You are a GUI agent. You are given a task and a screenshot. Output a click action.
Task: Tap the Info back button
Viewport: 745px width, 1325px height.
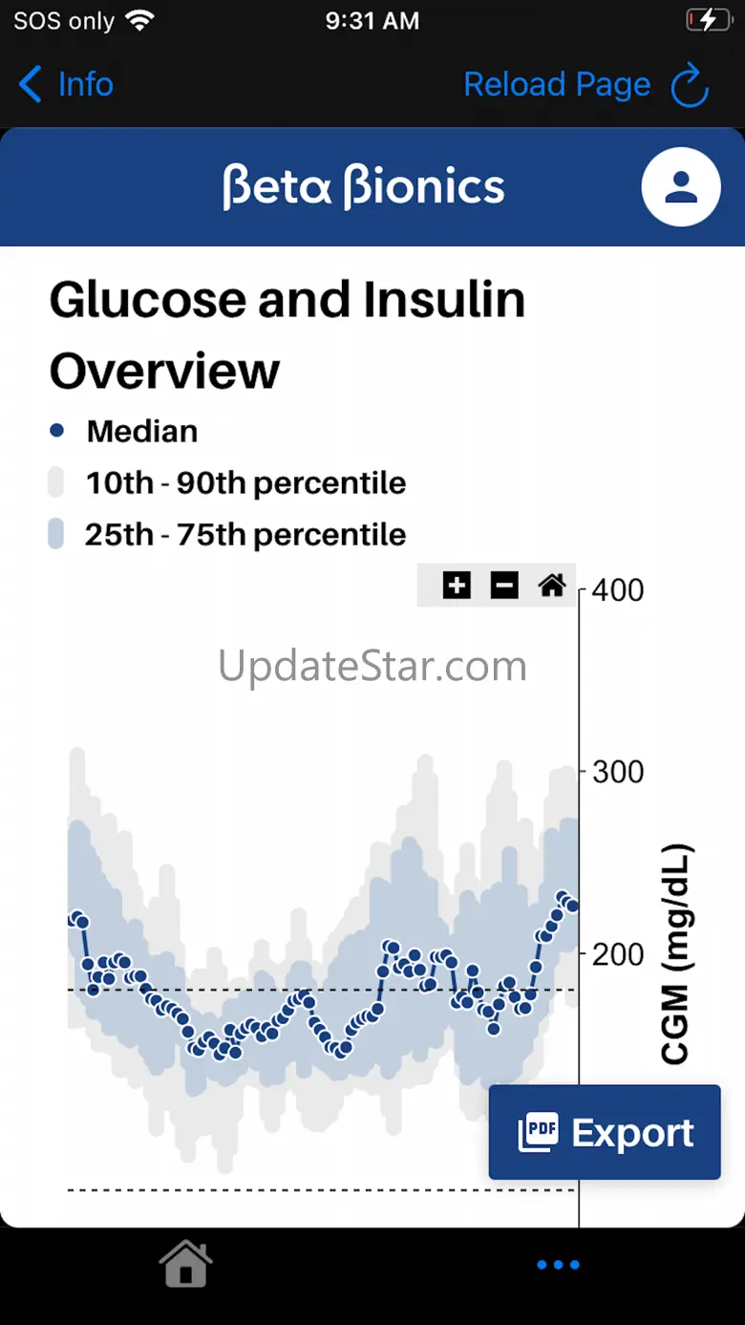pyautogui.click(x=65, y=85)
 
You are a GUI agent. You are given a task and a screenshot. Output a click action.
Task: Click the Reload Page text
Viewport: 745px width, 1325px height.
pyautogui.click(x=556, y=85)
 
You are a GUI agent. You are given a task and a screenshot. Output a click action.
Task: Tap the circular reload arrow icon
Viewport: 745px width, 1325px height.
pyautogui.click(x=690, y=86)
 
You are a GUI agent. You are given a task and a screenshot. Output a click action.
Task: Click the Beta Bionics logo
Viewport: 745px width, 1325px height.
pyautogui.click(x=363, y=185)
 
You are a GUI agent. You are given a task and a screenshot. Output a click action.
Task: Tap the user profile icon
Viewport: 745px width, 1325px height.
pyautogui.click(x=680, y=186)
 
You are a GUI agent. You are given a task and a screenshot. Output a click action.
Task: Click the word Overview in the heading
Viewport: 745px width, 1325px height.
pyautogui.click(x=164, y=371)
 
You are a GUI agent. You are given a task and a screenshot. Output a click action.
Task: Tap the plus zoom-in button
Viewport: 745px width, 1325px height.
pyautogui.click(x=457, y=585)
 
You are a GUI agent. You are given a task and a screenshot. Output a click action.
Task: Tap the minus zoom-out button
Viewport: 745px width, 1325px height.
pyautogui.click(x=504, y=585)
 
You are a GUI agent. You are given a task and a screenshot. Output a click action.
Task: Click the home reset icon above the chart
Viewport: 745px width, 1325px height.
pyautogui.click(x=552, y=585)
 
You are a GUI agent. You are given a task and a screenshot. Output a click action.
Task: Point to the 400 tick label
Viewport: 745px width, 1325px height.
pyautogui.click(x=617, y=590)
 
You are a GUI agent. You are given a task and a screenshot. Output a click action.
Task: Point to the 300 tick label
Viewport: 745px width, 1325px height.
pyautogui.click(x=617, y=772)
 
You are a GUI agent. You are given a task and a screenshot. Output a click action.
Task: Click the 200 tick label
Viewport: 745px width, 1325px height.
pyautogui.click(x=617, y=953)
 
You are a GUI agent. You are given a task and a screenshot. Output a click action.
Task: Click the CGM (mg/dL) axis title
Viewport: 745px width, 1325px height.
pyautogui.click(x=675, y=953)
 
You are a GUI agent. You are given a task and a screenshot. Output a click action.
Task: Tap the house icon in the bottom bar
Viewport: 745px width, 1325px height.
pyautogui.click(x=185, y=1264)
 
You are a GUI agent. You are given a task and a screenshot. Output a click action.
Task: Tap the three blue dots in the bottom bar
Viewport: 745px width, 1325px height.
pyautogui.click(x=558, y=1265)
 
